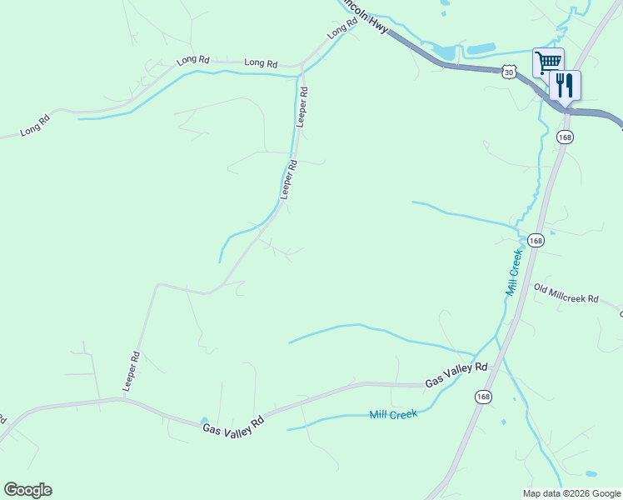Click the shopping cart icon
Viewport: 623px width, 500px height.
click(x=548, y=62)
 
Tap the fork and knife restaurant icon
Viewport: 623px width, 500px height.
click(x=565, y=84)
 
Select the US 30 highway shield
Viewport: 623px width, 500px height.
click(x=510, y=72)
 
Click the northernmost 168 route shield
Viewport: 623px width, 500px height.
click(x=565, y=137)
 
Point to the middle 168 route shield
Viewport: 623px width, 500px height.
click(x=536, y=240)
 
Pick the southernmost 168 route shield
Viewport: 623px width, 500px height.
click(x=484, y=397)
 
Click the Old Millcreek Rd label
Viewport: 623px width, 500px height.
click(x=566, y=293)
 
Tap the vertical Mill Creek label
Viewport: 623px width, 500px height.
click(x=513, y=272)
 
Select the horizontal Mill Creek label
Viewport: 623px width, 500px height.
click(x=393, y=414)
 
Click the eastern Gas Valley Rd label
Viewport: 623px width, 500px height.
click(x=456, y=374)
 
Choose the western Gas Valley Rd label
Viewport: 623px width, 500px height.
click(x=233, y=423)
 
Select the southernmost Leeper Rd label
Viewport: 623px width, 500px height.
click(x=132, y=372)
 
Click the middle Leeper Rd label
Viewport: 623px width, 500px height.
click(x=289, y=179)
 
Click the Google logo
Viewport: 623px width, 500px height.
click(x=27, y=489)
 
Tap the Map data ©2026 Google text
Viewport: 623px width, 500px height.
click(x=572, y=493)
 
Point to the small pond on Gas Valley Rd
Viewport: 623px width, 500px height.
click(x=204, y=421)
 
